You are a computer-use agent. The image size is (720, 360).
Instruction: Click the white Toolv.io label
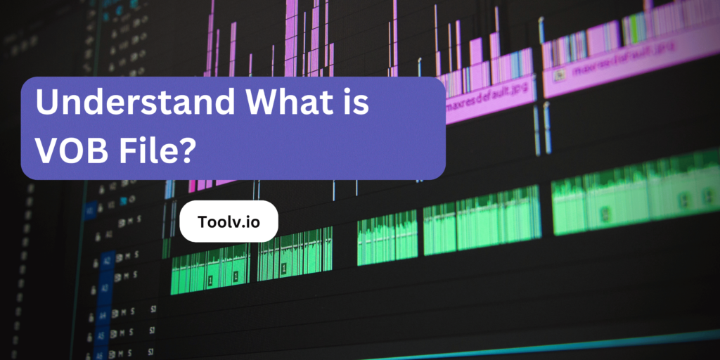click(x=229, y=221)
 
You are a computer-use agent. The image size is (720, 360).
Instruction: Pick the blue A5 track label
click(x=102, y=335)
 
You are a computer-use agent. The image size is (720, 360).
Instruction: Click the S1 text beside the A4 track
click(x=153, y=309)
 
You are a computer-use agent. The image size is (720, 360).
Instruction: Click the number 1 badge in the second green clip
click(x=284, y=268)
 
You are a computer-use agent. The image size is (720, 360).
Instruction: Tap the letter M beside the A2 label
click(x=129, y=255)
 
